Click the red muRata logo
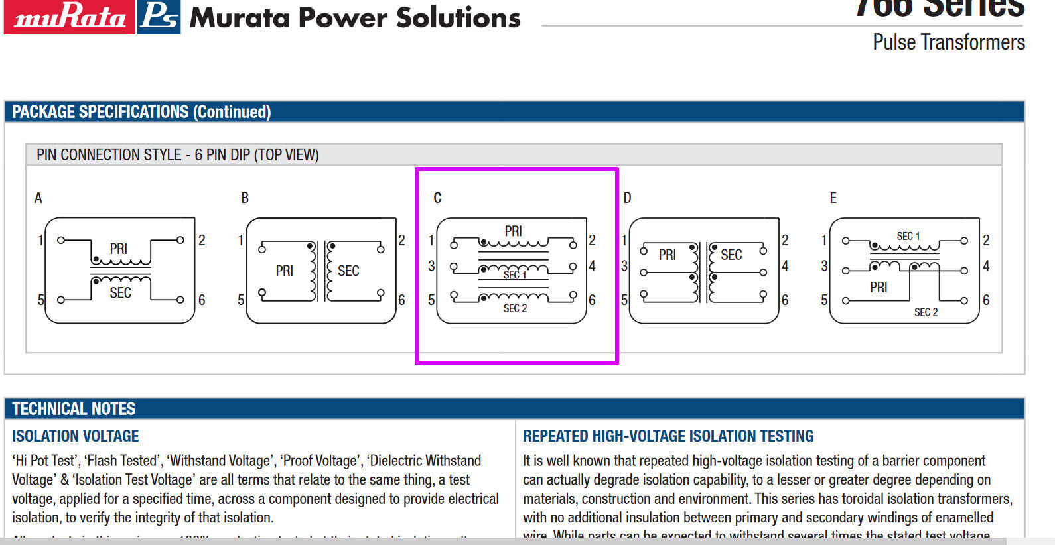[69, 17]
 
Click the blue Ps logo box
[159, 17]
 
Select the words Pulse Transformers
[948, 42]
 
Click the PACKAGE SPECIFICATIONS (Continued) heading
[141, 112]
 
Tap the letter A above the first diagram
[38, 198]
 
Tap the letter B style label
[245, 198]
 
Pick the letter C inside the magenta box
[437, 198]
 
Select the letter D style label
[627, 198]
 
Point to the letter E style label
[833, 198]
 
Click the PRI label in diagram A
[119, 249]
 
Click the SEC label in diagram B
[348, 271]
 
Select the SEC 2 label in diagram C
[515, 308]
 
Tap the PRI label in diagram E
[879, 287]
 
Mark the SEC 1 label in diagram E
[908, 236]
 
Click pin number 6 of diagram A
[202, 300]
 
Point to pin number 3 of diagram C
[431, 266]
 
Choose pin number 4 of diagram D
[785, 266]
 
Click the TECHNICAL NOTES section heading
[74, 409]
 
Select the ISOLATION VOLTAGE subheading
[76, 436]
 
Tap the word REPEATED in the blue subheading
[555, 436]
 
